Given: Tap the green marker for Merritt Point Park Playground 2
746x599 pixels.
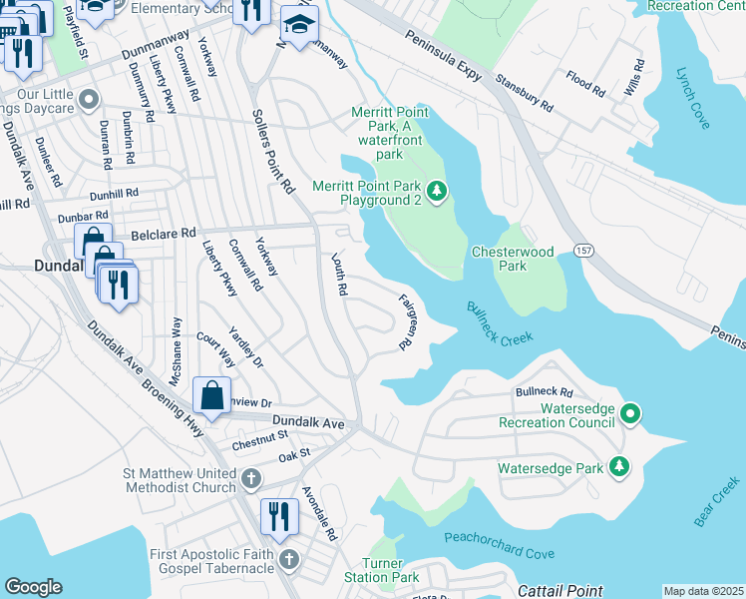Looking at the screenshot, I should click(435, 191).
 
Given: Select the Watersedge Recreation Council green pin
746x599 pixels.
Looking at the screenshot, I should click(630, 412).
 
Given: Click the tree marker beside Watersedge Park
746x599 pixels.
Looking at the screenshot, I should click(619, 466).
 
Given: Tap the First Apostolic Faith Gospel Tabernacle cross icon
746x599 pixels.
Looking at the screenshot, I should click(289, 558).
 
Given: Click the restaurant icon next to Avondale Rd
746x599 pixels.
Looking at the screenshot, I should click(279, 515).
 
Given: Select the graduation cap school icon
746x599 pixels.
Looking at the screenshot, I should click(298, 24).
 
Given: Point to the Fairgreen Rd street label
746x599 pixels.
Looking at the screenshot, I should click(406, 319).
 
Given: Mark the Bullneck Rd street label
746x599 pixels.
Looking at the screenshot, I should click(544, 392).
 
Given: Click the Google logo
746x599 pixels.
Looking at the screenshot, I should click(33, 587).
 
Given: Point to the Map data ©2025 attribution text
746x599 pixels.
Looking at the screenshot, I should click(702, 591).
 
